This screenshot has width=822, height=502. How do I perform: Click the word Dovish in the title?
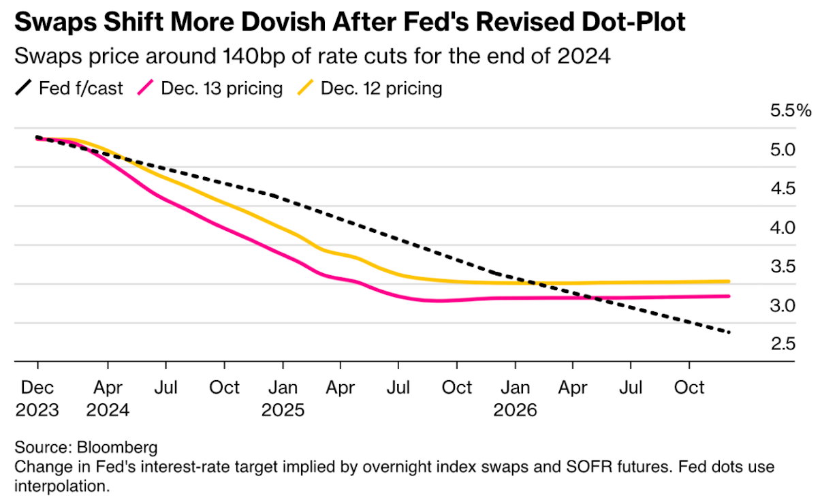point(283,22)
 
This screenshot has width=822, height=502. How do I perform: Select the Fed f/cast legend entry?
point(69,88)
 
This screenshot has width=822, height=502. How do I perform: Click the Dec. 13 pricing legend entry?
point(210,88)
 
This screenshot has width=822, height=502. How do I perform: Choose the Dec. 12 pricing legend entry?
point(370,88)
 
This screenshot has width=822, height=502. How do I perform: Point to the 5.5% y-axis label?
point(791,110)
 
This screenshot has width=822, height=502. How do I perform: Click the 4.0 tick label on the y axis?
point(783,228)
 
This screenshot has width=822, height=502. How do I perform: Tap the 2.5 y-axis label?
point(783,344)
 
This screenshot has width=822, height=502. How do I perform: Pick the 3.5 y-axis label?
point(783,266)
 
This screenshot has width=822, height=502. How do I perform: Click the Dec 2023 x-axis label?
point(37,398)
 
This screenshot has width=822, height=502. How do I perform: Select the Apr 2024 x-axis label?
point(108,398)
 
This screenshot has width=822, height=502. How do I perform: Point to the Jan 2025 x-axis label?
point(283,398)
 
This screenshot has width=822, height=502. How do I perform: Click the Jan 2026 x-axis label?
point(516,398)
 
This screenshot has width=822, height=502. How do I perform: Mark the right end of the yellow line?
point(729,281)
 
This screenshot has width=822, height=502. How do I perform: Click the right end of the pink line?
point(729,296)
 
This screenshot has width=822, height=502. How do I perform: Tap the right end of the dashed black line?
point(729,332)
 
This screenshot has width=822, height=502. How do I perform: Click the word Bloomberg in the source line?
point(117,448)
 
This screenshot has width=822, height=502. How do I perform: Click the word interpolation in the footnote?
point(63,486)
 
